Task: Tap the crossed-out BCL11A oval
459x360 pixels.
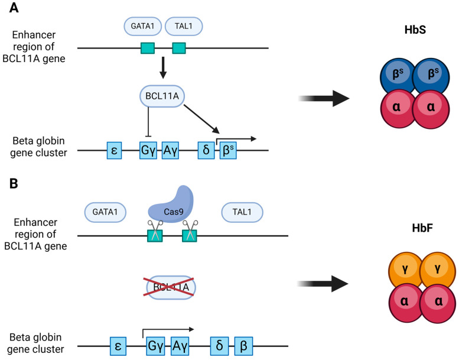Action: (x=171, y=288)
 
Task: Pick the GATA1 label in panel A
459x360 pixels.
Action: (x=142, y=26)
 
